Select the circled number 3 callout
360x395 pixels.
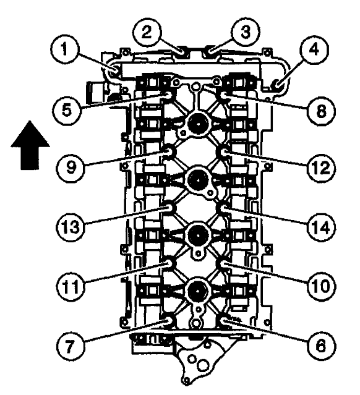click(x=246, y=32)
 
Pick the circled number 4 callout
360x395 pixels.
click(x=314, y=49)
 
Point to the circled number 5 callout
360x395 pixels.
click(x=67, y=110)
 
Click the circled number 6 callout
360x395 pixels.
click(x=320, y=346)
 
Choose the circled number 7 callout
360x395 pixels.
click(x=70, y=346)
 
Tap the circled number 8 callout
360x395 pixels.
click(x=321, y=110)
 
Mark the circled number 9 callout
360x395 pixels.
click(x=71, y=168)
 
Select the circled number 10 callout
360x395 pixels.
click(x=322, y=286)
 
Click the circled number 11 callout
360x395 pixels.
click(x=71, y=286)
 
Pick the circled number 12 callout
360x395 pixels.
click(x=321, y=168)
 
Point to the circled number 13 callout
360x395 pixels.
click(x=71, y=227)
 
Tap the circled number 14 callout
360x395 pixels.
click(x=322, y=227)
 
